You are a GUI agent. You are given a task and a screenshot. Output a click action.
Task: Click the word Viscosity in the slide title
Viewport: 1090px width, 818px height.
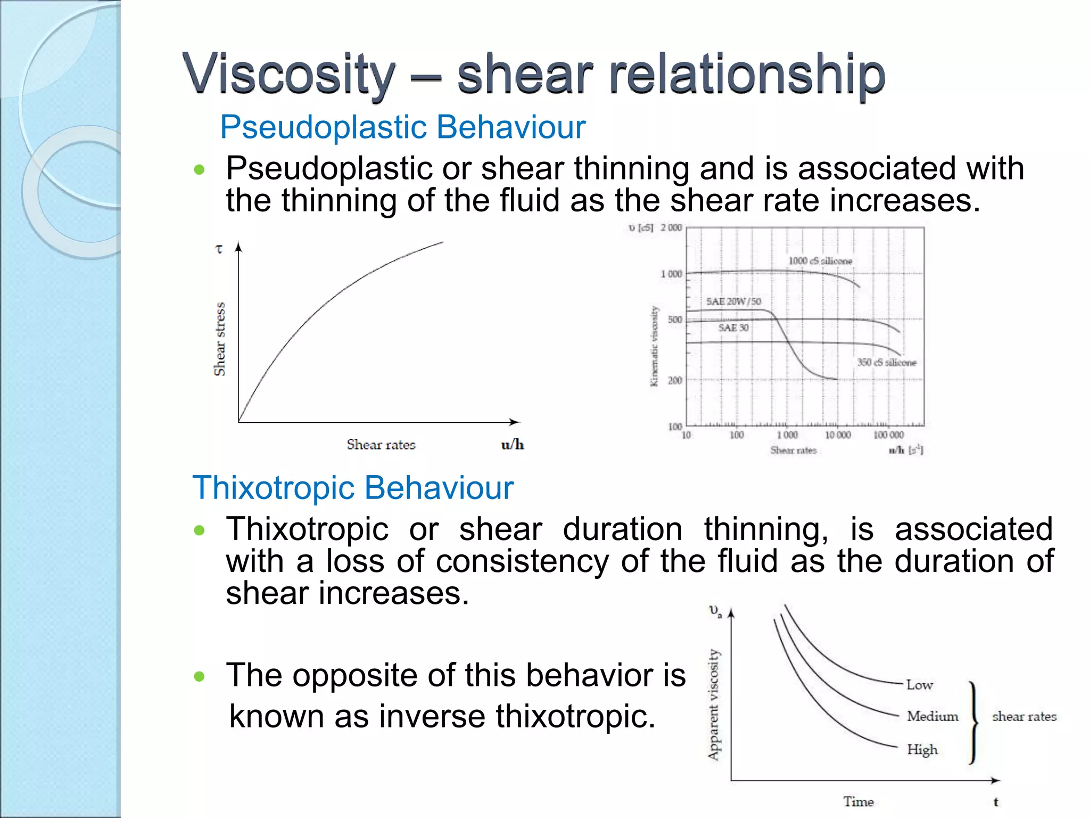click(289, 73)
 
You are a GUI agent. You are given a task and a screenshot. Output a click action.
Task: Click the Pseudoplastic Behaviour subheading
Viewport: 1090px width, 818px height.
click(402, 127)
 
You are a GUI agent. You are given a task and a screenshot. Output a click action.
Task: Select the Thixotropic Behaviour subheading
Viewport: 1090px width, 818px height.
click(352, 487)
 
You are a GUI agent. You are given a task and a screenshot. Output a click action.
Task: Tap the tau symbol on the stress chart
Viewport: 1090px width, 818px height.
click(219, 249)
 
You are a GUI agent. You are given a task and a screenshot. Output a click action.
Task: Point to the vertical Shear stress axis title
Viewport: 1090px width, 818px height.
click(219, 339)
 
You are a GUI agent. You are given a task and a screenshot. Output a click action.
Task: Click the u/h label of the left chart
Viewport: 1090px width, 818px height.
click(512, 445)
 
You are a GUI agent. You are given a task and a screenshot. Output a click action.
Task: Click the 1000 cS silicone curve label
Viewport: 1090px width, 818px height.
click(820, 261)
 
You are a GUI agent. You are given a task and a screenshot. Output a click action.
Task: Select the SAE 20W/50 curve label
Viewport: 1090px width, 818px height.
click(733, 301)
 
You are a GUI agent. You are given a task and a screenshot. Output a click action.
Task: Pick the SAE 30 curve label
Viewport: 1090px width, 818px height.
click(733, 328)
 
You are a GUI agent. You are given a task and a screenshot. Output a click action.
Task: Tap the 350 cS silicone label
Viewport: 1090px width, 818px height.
click(886, 362)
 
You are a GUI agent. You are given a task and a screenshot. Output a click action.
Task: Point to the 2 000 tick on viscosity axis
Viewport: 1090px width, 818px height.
click(671, 227)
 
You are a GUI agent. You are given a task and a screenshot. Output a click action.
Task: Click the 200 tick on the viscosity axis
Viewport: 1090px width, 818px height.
click(674, 380)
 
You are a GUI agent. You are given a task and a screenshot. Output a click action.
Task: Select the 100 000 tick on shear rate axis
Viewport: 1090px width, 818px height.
click(888, 435)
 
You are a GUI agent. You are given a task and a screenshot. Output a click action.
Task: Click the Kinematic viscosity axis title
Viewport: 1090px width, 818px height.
click(654, 346)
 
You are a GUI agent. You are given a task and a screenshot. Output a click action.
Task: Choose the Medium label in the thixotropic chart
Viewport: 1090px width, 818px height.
click(932, 716)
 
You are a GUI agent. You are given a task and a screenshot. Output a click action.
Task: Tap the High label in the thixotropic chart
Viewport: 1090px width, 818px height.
click(922, 749)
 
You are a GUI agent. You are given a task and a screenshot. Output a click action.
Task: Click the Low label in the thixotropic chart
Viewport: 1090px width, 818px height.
click(919, 685)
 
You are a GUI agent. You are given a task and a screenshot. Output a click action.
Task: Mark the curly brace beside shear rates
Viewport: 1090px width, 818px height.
click(973, 722)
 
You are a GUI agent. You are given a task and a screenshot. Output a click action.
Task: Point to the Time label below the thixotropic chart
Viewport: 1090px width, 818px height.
click(858, 801)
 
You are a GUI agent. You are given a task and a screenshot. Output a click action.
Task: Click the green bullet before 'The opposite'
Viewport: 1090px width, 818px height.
click(200, 676)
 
